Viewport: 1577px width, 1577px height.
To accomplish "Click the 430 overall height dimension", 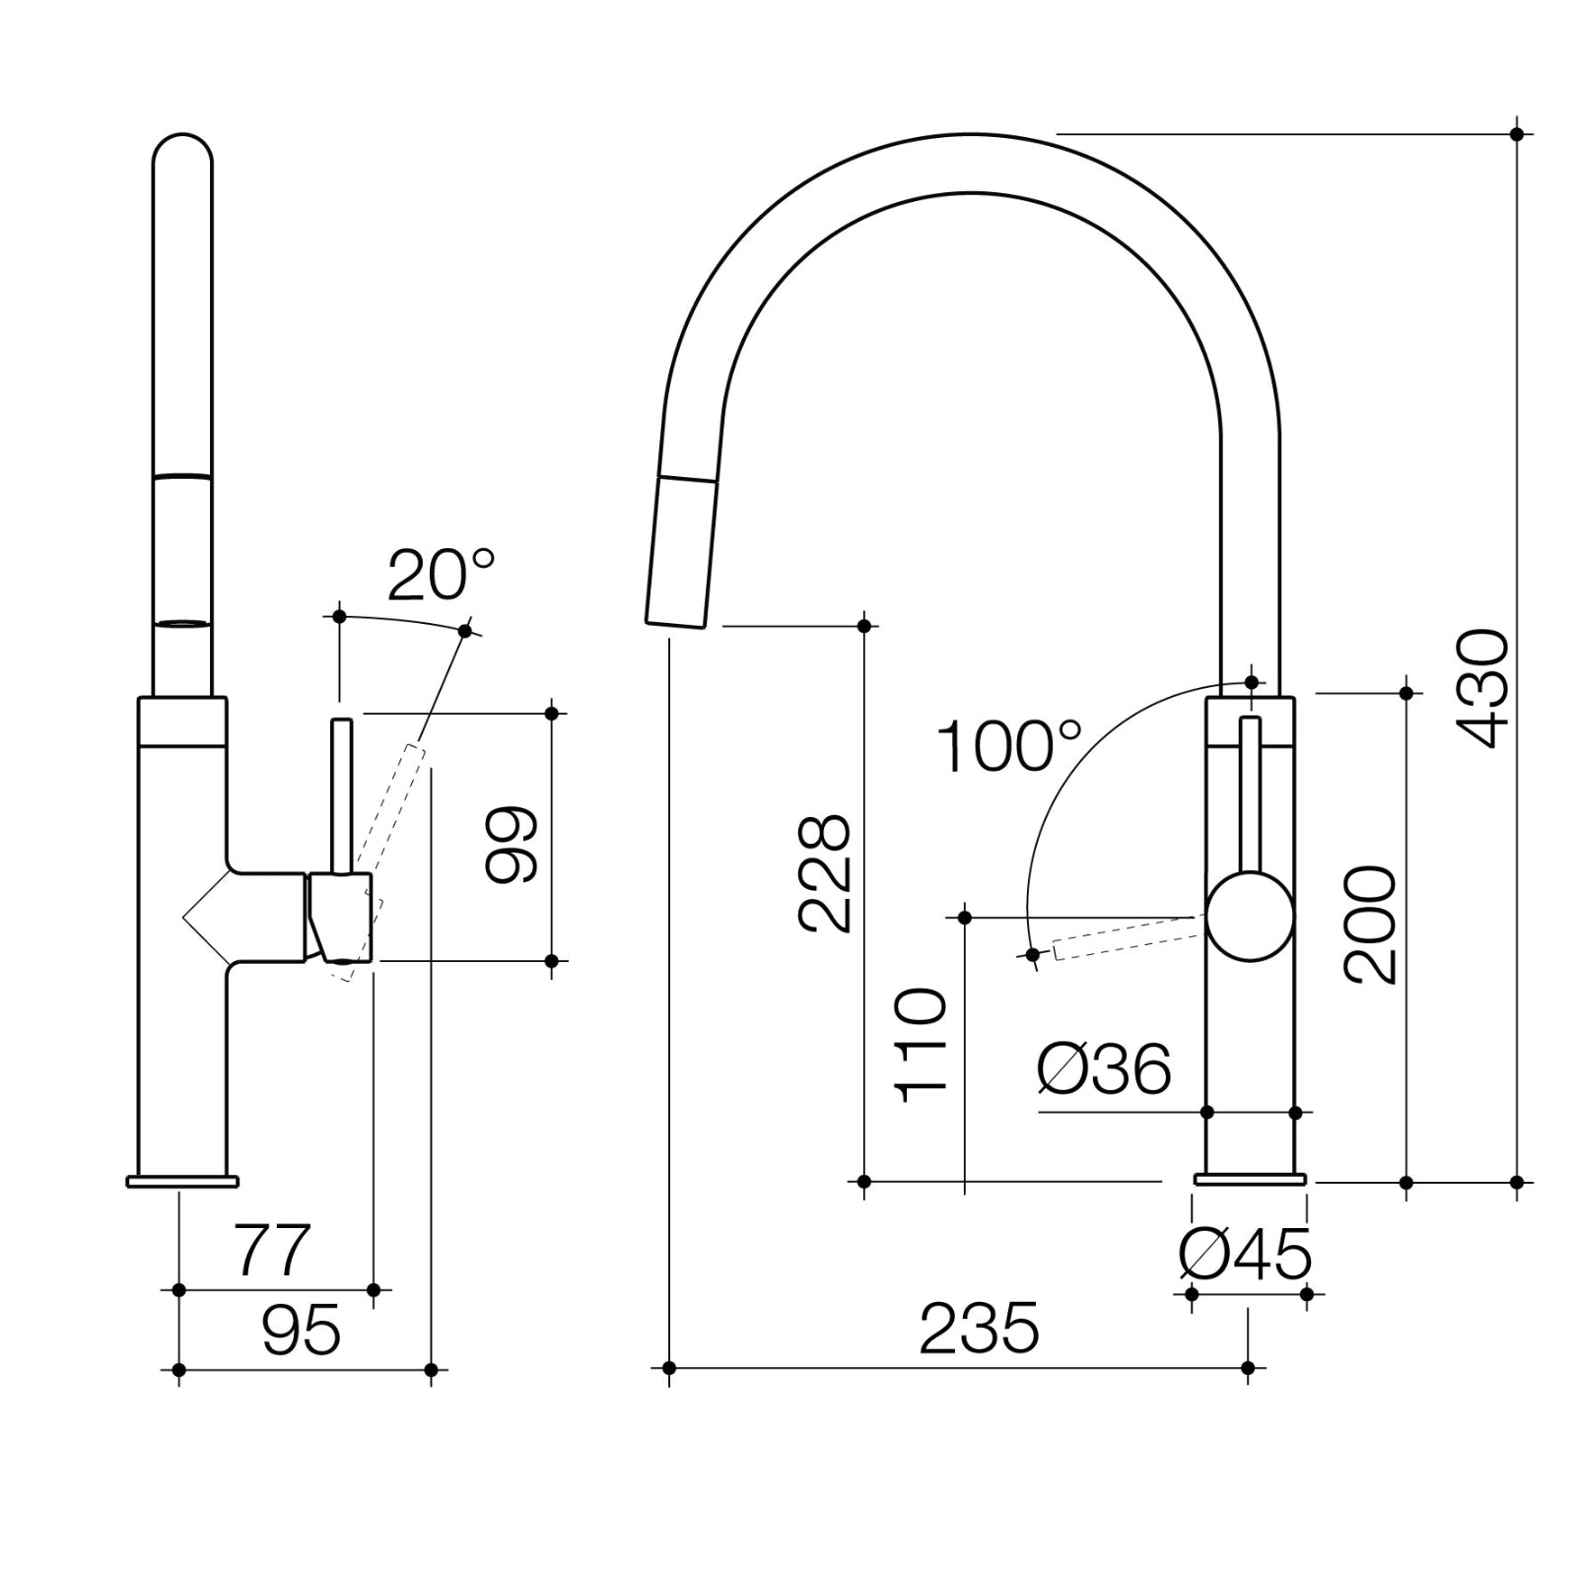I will [1481, 688].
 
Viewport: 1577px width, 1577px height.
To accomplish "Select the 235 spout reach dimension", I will [979, 1329].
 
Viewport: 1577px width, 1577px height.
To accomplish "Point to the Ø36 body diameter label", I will [1104, 1069].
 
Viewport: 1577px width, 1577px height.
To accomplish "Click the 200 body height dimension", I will [1371, 925].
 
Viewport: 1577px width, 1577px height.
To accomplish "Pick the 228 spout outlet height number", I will [824, 873].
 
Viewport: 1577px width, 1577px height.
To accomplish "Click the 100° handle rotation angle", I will [1007, 747].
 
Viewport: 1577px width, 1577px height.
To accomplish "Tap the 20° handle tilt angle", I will [440, 576].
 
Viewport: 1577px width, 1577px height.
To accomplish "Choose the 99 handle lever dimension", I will [513, 844].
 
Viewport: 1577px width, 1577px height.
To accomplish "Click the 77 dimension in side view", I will [272, 1250].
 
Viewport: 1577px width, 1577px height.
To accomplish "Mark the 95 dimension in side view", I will [301, 1331].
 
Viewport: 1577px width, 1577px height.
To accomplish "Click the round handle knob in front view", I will [1250, 917].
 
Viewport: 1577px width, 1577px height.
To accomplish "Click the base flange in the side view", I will [182, 1181].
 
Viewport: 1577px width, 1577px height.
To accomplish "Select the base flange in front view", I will [1250, 1179].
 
